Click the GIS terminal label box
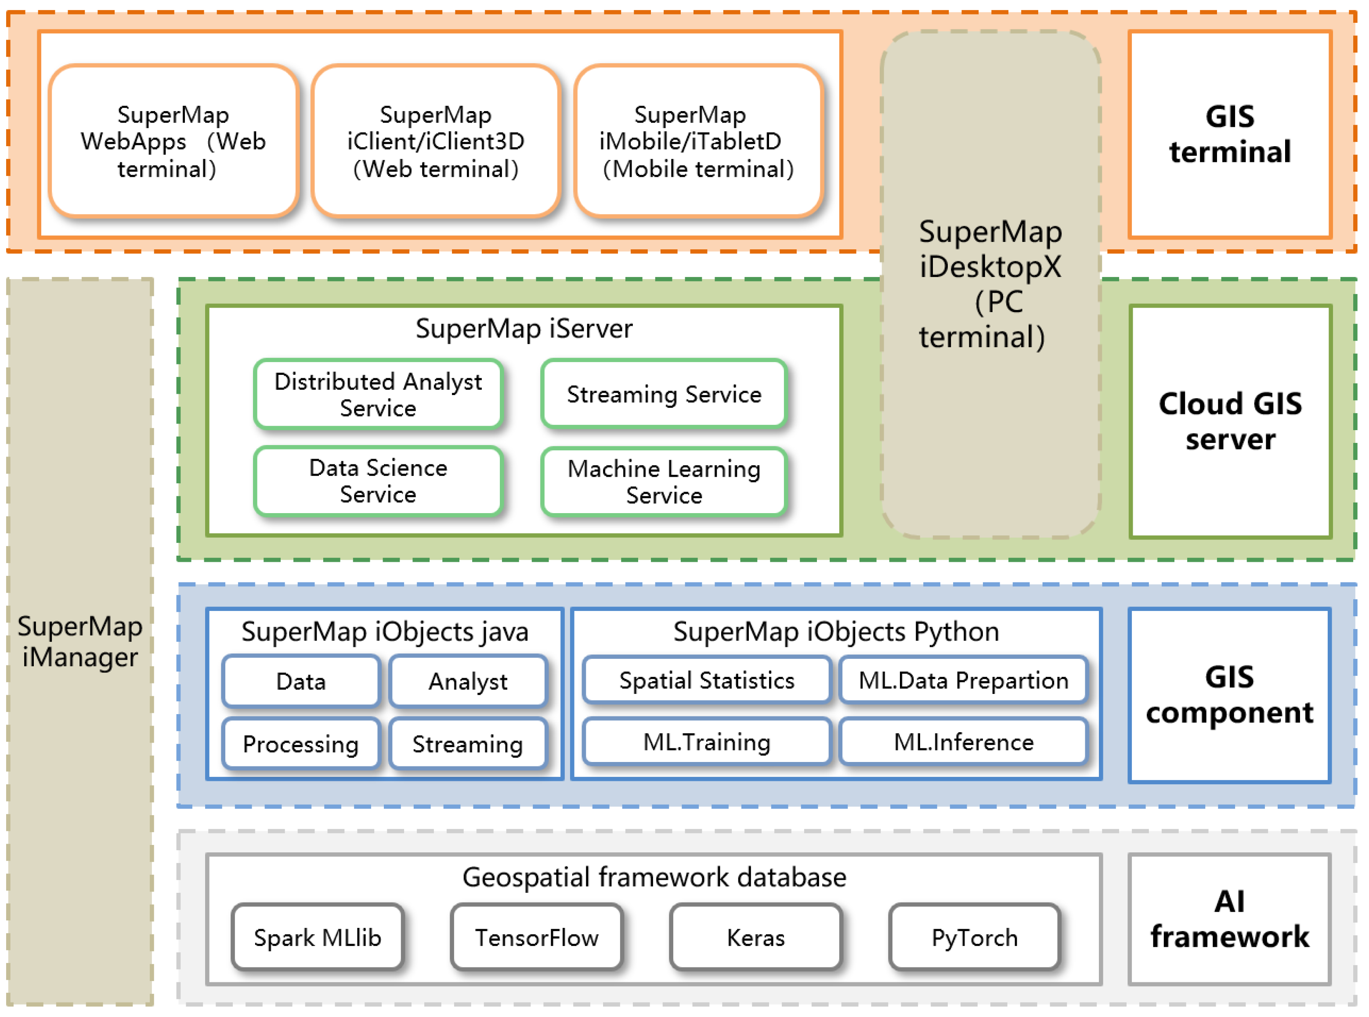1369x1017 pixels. coord(1229,134)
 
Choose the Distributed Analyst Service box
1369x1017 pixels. coord(378,395)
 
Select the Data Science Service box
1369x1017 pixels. coord(378,481)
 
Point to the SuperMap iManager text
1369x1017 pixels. coord(80,641)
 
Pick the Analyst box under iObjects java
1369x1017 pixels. coord(468,682)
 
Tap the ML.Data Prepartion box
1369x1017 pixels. coord(963,680)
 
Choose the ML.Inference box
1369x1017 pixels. coord(963,742)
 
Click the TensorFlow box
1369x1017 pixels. coord(536,937)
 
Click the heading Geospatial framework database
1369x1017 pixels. coord(654,877)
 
